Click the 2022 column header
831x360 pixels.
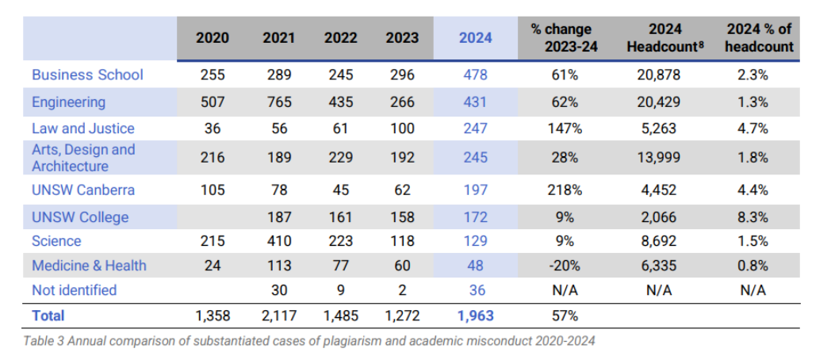tap(341, 38)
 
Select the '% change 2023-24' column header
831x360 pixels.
tap(564, 37)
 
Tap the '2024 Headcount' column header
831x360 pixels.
tap(665, 37)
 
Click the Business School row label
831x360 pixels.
tap(87, 75)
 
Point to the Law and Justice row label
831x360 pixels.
tap(83, 128)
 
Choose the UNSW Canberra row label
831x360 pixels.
tap(83, 190)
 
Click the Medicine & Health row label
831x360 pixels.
tap(89, 265)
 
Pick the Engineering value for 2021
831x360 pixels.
tap(279, 101)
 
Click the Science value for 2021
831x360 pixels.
tap(279, 241)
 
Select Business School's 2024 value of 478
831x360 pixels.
tap(475, 75)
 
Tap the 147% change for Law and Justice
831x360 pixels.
tap(564, 128)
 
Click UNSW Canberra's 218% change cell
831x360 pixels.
tap(564, 190)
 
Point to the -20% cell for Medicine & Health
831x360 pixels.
tap(564, 265)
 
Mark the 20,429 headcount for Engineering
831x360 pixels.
tap(659, 101)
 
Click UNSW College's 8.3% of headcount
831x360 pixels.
tap(753, 217)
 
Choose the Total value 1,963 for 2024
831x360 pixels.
tap(475, 316)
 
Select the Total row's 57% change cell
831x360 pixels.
tap(564, 316)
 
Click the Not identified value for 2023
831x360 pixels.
tap(402, 290)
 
